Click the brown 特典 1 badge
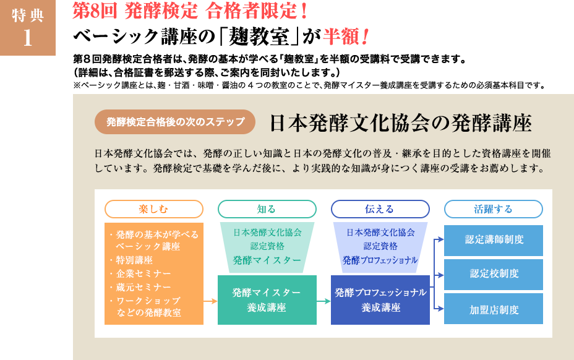[28, 28]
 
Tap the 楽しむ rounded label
[154, 209]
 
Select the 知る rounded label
[267, 209]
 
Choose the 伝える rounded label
[380, 209]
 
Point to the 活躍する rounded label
[493, 209]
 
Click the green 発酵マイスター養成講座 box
[267, 300]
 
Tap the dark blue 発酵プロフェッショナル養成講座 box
[380, 300]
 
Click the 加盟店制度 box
[494, 309]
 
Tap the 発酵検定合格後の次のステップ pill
[175, 122]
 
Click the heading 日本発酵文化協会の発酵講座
[400, 123]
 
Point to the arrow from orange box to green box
[210, 301]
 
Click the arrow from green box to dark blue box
[323, 301]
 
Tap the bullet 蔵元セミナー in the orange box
[143, 287]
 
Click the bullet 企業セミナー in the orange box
[143, 273]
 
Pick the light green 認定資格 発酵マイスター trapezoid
[267, 246]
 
